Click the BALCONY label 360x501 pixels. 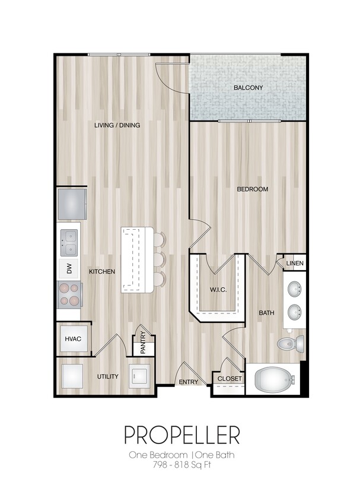click(x=248, y=88)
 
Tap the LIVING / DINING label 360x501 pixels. click(x=117, y=125)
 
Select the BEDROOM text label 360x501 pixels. click(x=253, y=189)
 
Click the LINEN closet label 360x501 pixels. click(x=295, y=263)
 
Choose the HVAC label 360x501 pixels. click(x=73, y=339)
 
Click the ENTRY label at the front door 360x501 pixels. click(x=189, y=382)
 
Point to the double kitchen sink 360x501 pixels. click(x=69, y=240)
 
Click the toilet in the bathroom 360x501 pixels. click(x=291, y=344)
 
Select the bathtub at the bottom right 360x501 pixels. click(x=273, y=379)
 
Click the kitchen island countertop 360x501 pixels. click(x=136, y=259)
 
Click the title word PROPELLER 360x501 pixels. click(x=181, y=435)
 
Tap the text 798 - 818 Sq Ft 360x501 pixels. click(x=181, y=465)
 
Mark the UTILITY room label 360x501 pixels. click(x=108, y=376)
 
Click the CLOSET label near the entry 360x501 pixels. click(x=228, y=379)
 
